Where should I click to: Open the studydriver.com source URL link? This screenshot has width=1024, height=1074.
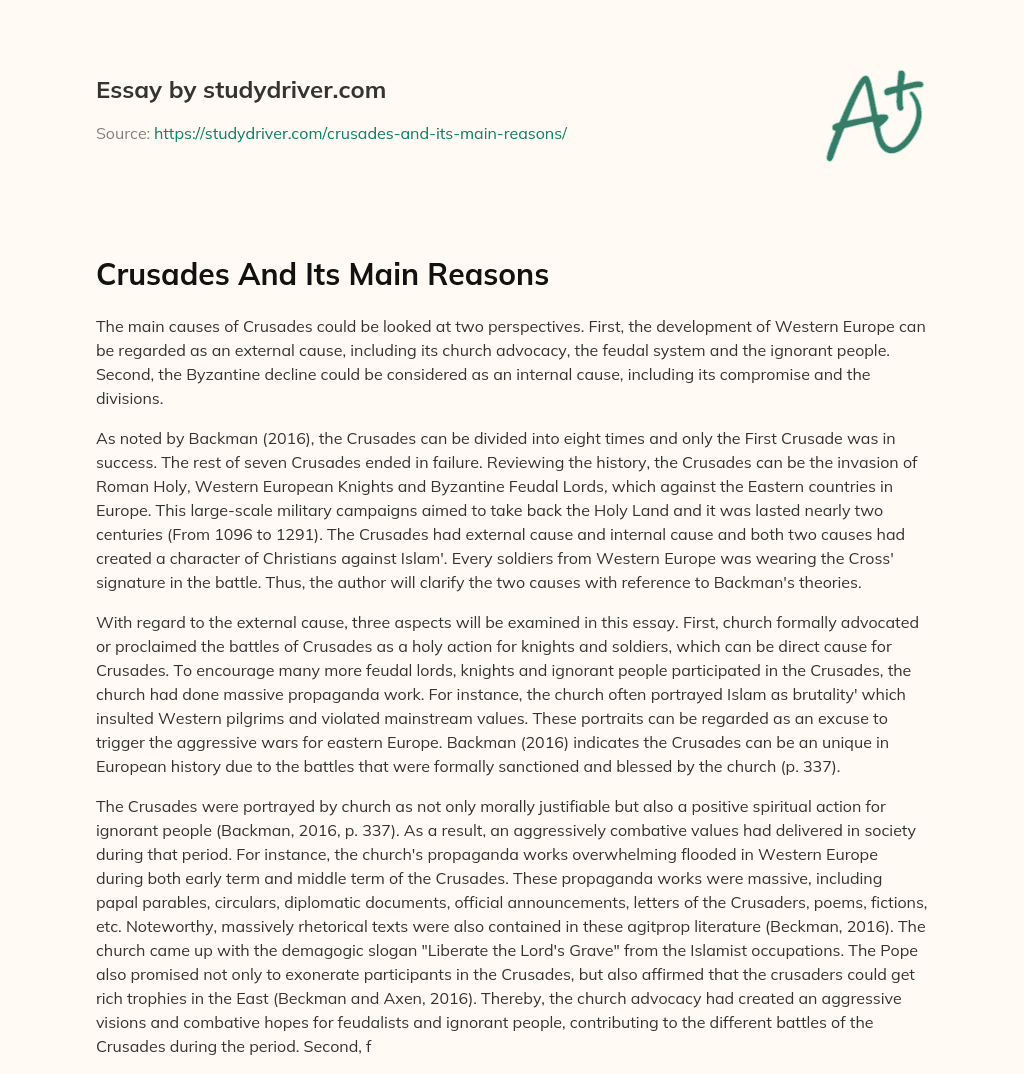click(360, 133)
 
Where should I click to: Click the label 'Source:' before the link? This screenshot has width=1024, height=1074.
click(122, 133)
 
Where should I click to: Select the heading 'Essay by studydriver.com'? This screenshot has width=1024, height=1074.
click(240, 90)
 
